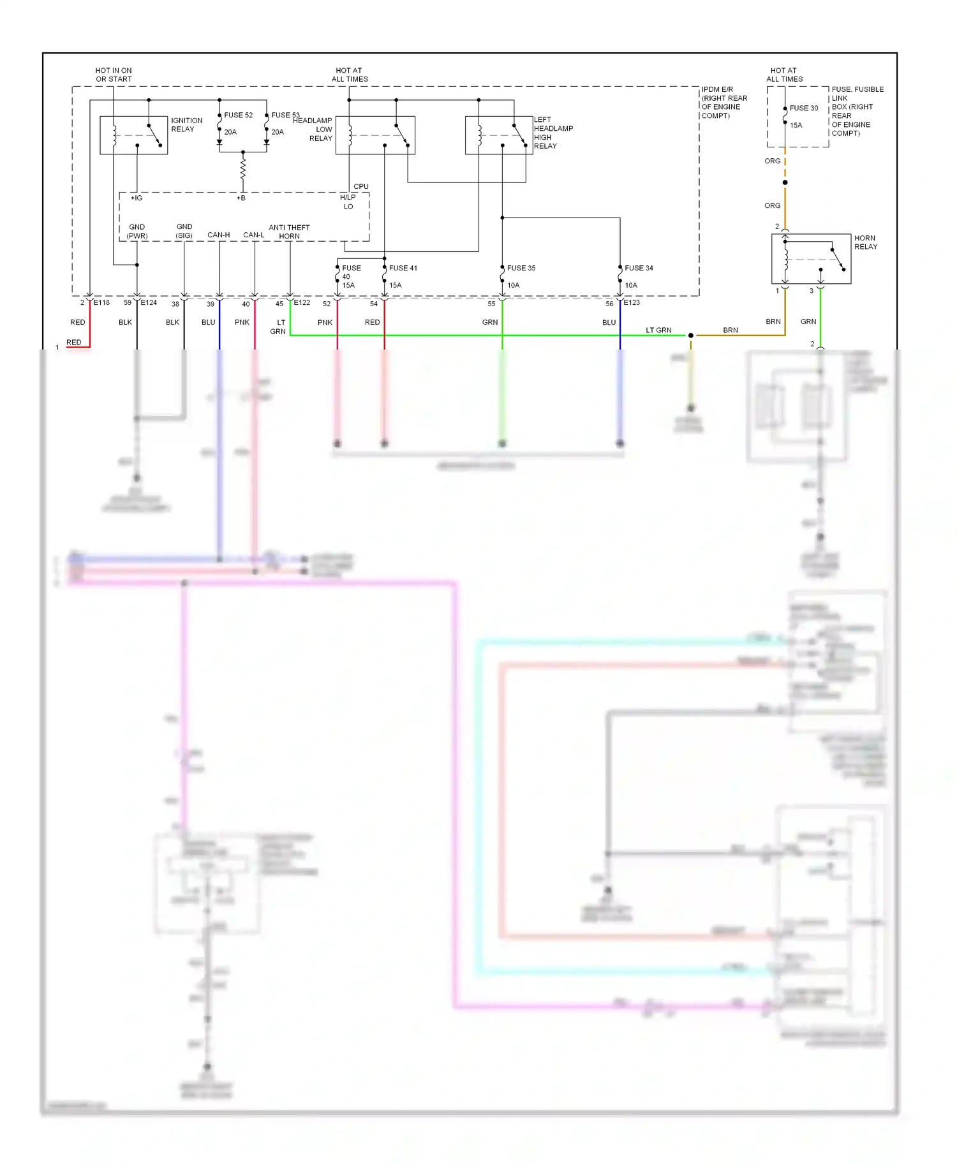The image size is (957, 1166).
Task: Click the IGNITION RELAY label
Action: tap(186, 125)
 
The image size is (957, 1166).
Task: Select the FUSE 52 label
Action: tap(238, 115)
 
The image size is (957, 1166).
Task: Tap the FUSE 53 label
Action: tap(285, 115)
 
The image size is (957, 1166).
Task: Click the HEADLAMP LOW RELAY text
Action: tap(313, 129)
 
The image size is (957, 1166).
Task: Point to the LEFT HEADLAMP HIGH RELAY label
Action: tap(553, 133)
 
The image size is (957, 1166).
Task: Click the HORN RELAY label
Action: tap(865, 242)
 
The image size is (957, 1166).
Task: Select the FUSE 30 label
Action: tap(803, 108)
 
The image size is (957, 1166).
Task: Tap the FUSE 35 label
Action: tap(521, 269)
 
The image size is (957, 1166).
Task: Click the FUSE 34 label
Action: tap(638, 269)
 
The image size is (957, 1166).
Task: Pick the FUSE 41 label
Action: tap(403, 269)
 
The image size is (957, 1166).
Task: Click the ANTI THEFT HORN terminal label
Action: tap(289, 232)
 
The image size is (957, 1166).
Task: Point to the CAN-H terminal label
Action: tap(218, 235)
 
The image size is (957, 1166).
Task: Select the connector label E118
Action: tap(101, 303)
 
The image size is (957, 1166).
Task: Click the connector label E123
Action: tap(631, 303)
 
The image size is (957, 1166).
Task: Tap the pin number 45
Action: tap(279, 304)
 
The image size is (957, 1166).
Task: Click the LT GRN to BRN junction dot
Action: tap(690, 336)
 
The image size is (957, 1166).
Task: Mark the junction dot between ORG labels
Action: tap(785, 183)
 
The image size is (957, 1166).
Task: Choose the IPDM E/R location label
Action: tap(723, 103)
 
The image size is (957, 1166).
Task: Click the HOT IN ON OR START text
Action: tap(114, 75)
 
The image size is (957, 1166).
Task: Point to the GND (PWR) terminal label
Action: tap(137, 232)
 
